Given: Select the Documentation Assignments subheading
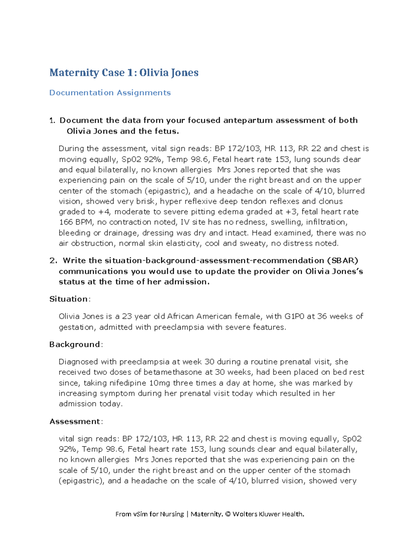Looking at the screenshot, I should coord(110,93).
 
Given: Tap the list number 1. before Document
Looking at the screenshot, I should coord(52,121).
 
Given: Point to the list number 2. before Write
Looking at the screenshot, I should coord(53,260).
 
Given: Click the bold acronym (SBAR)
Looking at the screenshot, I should coord(343,260).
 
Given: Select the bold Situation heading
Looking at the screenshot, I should coord(69,299).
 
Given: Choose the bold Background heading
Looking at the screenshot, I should coord(75,344).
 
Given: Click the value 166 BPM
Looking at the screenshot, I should coord(76,222).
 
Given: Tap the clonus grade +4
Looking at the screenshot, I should coord(104,212).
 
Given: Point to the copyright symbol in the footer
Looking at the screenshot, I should coord(228,514).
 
